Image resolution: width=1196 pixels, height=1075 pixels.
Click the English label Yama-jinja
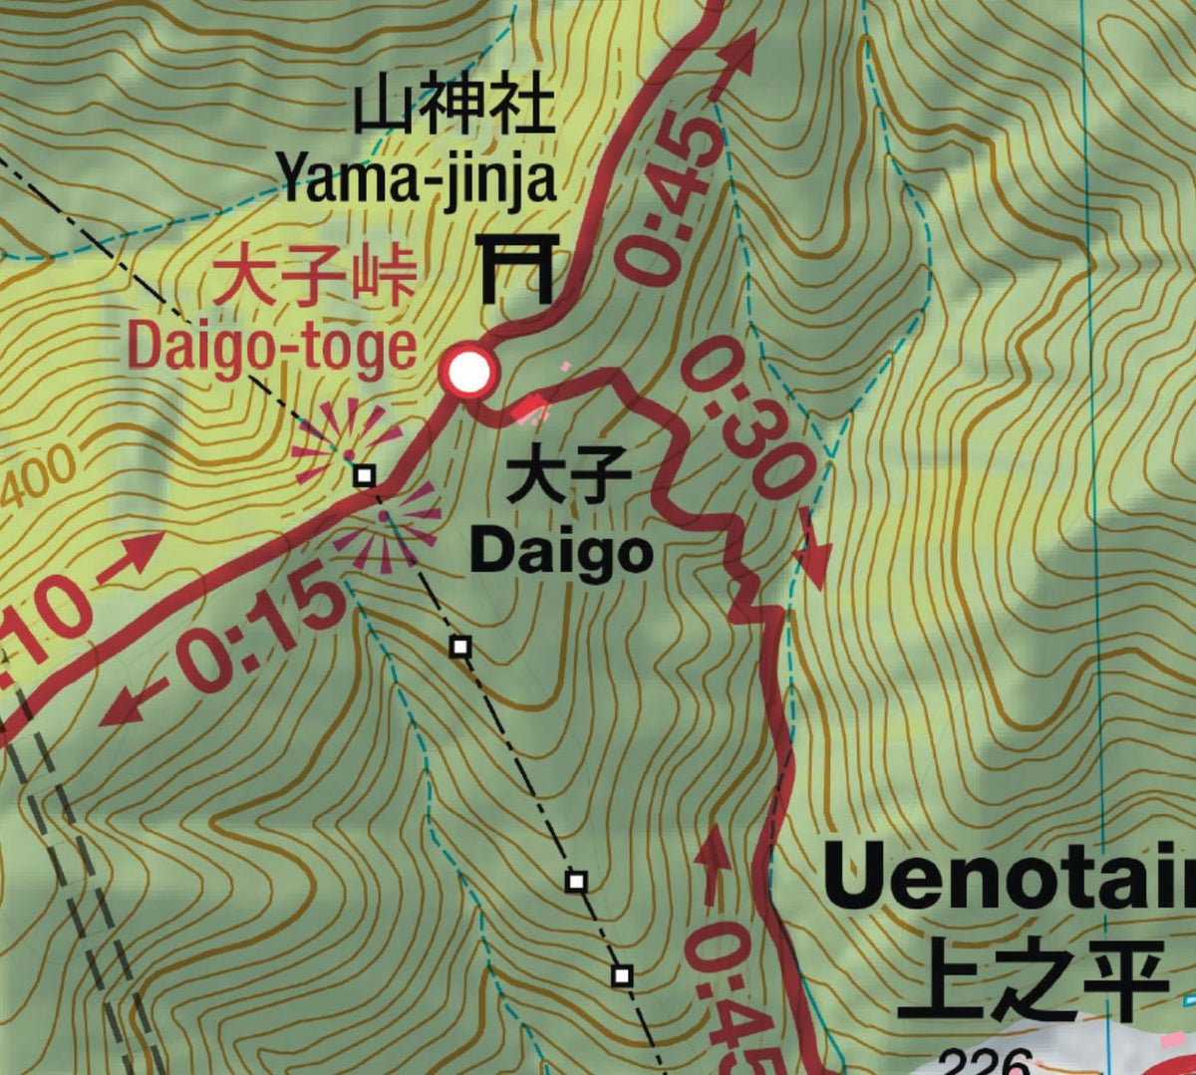(417, 180)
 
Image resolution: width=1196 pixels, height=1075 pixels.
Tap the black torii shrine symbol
(515, 268)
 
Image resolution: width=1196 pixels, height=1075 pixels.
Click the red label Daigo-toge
(271, 347)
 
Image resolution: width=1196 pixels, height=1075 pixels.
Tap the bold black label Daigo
(561, 552)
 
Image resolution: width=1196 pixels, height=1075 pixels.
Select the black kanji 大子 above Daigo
(568, 480)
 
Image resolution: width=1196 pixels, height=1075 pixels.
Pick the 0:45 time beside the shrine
(670, 199)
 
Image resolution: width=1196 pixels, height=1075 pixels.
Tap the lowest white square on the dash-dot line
(622, 974)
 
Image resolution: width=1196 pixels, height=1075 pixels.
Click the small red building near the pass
(529, 405)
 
